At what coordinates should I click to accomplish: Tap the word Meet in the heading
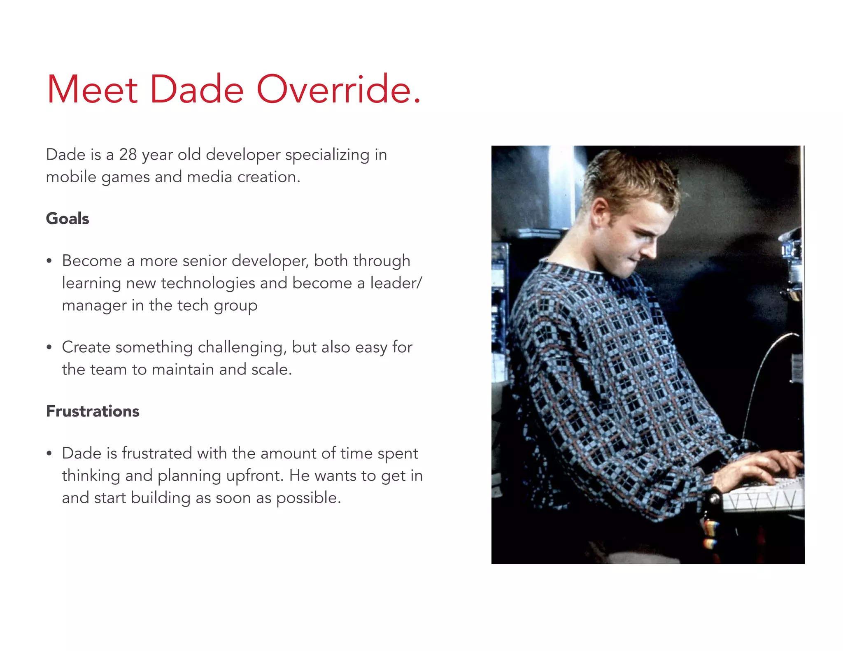[x=92, y=89]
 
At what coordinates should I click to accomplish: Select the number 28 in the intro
[x=128, y=155]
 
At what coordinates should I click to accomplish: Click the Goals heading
[x=68, y=219]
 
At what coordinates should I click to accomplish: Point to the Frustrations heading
[x=93, y=411]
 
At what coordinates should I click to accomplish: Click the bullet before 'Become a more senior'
[x=49, y=261]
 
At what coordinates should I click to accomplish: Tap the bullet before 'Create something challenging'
[x=49, y=348]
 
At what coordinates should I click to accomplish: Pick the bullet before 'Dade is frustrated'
[x=49, y=454]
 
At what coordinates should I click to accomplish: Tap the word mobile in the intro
[x=71, y=177]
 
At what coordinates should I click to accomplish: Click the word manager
[x=94, y=305]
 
